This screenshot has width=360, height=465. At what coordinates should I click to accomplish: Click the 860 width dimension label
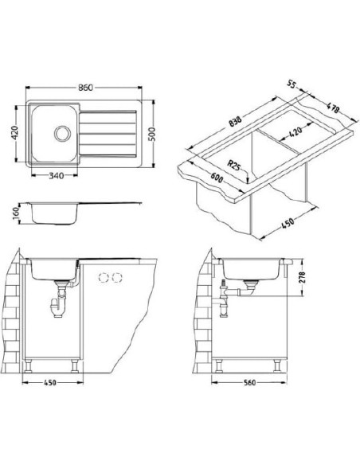(x=85, y=88)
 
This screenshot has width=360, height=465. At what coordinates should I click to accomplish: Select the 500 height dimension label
(x=152, y=135)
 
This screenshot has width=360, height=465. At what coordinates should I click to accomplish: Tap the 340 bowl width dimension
(x=56, y=175)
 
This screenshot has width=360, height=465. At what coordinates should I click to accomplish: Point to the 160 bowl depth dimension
(x=16, y=213)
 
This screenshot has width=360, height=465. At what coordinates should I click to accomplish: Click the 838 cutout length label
(x=236, y=121)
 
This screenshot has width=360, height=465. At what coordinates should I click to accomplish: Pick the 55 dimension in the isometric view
(x=292, y=85)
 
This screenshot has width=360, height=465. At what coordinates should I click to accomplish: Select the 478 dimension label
(x=332, y=107)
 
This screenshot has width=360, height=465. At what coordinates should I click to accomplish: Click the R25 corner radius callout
(x=233, y=166)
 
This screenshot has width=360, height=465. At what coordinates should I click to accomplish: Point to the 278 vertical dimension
(x=302, y=277)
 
